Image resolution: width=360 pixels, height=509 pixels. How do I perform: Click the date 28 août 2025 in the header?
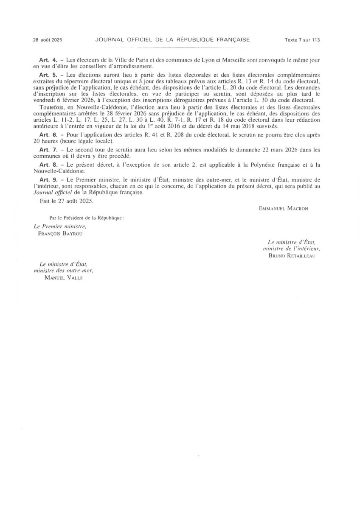tap(48, 40)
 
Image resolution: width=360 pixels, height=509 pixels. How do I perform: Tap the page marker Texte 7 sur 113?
tap(302, 40)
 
